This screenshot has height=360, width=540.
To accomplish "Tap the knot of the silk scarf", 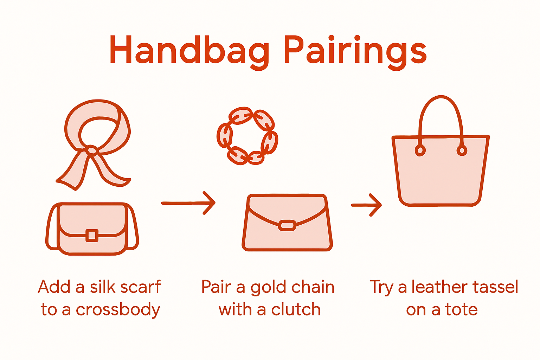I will (91, 150).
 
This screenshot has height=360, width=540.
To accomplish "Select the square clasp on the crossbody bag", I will (92, 235).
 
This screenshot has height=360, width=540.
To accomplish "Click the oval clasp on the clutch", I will (287, 225).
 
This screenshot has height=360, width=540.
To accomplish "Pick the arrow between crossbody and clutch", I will (188, 203).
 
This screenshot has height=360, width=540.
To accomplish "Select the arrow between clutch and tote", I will (367, 205).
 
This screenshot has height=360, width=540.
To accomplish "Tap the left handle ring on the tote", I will (420, 150).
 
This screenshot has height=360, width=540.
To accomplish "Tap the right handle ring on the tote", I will (462, 150).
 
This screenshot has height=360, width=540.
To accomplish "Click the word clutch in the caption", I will (296, 310).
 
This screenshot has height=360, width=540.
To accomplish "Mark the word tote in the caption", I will (461, 310).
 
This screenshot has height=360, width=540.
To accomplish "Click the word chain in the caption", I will (314, 287).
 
